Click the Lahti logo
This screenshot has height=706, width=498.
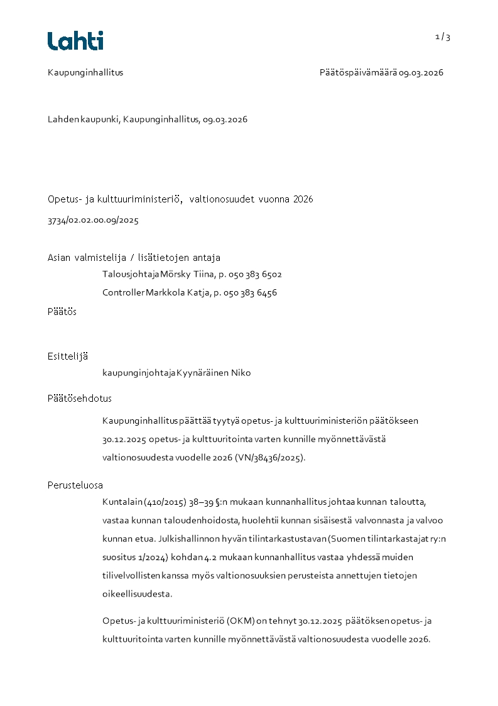pyautogui.click(x=75, y=41)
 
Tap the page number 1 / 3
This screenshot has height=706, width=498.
pyautogui.click(x=443, y=37)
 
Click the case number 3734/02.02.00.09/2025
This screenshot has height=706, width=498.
pyautogui.click(x=93, y=221)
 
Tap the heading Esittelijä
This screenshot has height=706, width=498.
pyautogui.click(x=68, y=356)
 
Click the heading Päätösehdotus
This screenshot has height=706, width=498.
pyautogui.click(x=80, y=398)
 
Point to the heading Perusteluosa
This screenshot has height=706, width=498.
pyautogui.click(x=75, y=485)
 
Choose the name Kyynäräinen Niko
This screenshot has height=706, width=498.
pyautogui.click(x=214, y=373)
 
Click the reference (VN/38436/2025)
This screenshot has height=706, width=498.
pyautogui.click(x=270, y=458)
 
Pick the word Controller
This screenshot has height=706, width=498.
pyautogui.click(x=123, y=292)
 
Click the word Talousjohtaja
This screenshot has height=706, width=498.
pyautogui.click(x=131, y=274)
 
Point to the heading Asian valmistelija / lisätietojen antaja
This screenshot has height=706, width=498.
pyautogui.click(x=134, y=258)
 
